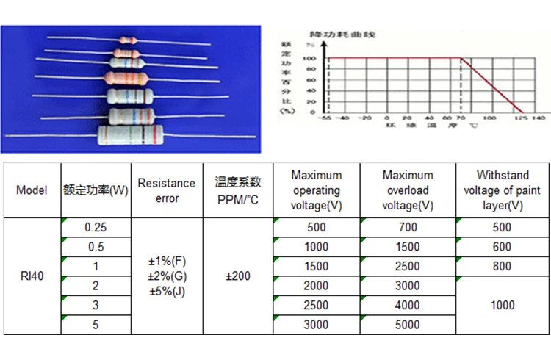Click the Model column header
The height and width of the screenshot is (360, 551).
click(x=32, y=191)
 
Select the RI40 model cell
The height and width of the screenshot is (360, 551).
click(x=32, y=276)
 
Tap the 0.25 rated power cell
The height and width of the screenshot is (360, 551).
click(x=96, y=228)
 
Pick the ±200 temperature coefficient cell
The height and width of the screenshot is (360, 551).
click(x=237, y=276)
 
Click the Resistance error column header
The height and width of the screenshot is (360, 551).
click(x=167, y=191)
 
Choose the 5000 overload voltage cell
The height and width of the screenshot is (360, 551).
click(x=408, y=324)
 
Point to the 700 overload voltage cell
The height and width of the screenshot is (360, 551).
click(x=408, y=228)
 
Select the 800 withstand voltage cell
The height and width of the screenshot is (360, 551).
click(x=503, y=266)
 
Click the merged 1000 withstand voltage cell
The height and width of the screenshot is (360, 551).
click(x=503, y=305)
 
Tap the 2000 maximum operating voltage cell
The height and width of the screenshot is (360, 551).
click(x=316, y=286)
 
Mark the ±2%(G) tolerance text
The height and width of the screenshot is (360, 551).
click(x=167, y=276)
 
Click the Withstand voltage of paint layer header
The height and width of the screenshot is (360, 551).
click(x=503, y=190)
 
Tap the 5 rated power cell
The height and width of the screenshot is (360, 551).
click(x=96, y=324)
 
